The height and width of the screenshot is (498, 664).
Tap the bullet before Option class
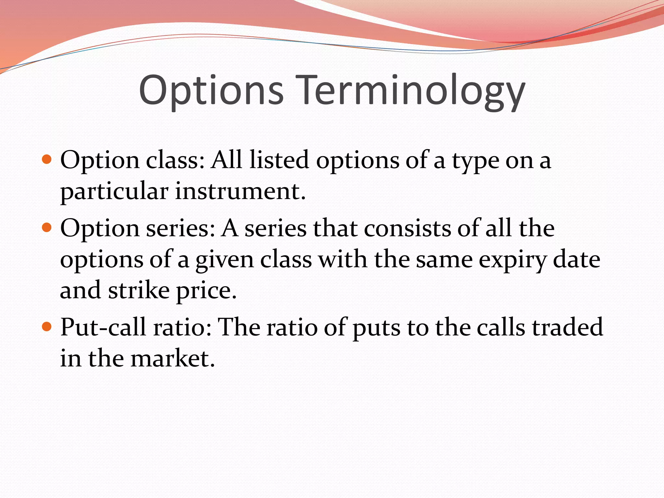(x=47, y=160)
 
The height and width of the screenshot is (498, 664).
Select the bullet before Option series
(x=47, y=228)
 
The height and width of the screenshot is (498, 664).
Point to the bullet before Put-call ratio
(x=47, y=326)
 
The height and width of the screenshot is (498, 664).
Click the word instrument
(x=240, y=191)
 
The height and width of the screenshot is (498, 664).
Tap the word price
(x=206, y=291)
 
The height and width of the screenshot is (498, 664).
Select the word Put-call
(x=103, y=327)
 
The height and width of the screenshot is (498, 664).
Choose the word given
(x=224, y=260)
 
